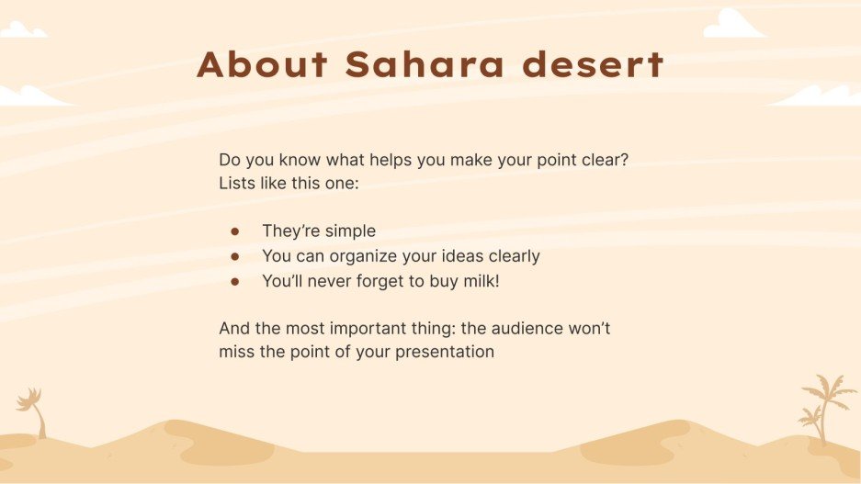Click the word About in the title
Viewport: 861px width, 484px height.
click(x=262, y=65)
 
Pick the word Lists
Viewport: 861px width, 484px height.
click(x=238, y=183)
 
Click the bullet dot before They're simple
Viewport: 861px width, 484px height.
click(x=235, y=231)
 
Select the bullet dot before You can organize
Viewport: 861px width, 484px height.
click(x=235, y=256)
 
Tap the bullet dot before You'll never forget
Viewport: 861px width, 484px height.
click(x=235, y=281)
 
